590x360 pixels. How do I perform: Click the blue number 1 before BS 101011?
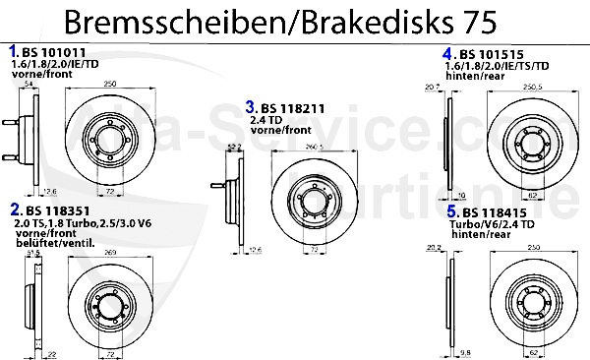pyautogui.click(x=13, y=49)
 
